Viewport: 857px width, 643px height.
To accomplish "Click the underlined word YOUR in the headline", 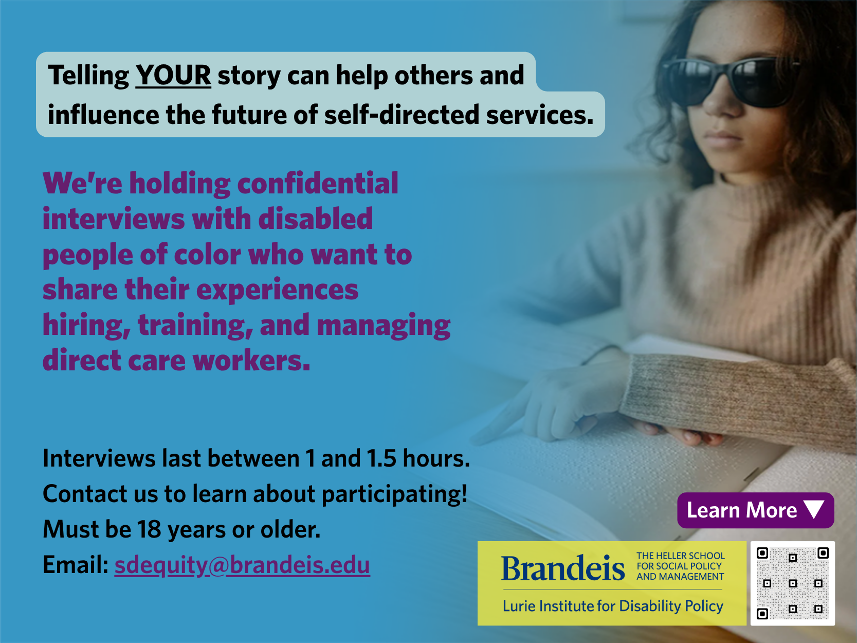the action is [173, 75].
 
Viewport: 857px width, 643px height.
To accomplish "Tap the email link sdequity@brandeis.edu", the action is [242, 565].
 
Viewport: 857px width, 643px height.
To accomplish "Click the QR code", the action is [793, 583].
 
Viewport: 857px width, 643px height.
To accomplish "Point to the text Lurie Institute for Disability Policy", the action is [613, 606].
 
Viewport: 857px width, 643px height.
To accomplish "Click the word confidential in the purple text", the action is [318, 184].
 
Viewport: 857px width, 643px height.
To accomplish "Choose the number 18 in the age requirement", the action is [149, 529].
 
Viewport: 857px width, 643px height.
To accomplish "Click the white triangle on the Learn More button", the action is [814, 509].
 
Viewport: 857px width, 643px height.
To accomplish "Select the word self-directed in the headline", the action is [402, 115].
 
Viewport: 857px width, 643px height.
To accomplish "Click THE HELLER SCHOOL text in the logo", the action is [681, 556].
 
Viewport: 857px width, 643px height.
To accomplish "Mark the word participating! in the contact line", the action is [394, 494].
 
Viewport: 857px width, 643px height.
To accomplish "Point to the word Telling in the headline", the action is [88, 76].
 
